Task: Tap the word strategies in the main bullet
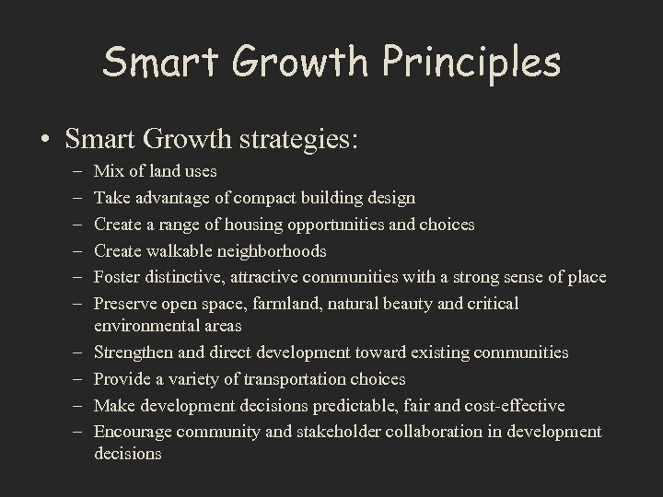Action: pos(298,140)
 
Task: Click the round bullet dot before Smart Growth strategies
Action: pos(44,141)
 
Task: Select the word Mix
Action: pos(109,171)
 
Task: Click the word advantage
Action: pos(174,198)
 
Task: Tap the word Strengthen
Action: pos(133,353)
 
